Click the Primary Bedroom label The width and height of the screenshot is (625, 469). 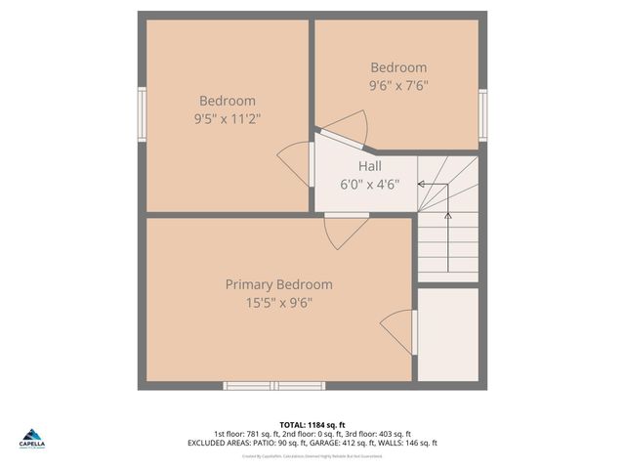point(278,284)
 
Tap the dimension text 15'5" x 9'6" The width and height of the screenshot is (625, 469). point(278,303)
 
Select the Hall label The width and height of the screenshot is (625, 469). point(369,166)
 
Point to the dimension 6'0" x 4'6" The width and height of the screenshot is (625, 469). point(369,184)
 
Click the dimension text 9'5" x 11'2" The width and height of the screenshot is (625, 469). point(228,118)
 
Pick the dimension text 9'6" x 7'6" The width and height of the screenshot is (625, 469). point(398,85)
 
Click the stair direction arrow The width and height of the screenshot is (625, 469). point(448,240)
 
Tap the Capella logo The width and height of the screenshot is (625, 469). point(32,439)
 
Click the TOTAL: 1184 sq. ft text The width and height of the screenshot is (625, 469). point(312,424)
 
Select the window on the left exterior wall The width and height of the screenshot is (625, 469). point(142,114)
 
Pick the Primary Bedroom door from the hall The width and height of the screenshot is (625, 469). point(346,231)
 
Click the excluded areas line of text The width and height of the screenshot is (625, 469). point(312,443)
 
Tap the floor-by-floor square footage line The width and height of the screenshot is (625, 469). point(312,434)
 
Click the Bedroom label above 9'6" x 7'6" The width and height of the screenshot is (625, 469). point(398,67)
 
